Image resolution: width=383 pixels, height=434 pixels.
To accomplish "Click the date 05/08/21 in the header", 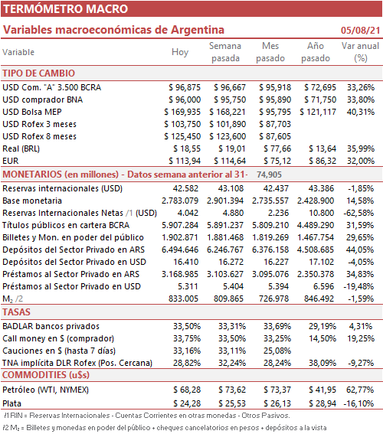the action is [x=360, y=30].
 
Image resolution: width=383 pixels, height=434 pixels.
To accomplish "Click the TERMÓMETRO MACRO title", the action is [x=66, y=9].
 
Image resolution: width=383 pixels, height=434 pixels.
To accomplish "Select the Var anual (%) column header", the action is [x=360, y=52].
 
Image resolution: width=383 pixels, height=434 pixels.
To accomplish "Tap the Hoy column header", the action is [x=180, y=52].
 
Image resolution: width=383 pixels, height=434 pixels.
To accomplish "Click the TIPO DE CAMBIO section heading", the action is [x=39, y=73].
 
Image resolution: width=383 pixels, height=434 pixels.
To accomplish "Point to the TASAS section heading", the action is [x=16, y=312].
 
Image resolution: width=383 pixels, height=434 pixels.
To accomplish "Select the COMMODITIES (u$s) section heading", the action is [x=46, y=375].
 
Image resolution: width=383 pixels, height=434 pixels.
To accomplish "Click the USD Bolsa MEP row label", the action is [x=32, y=112].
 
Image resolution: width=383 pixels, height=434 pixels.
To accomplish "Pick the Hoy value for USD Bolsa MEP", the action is [x=182, y=112].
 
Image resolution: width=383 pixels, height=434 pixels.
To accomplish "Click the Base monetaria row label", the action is [x=32, y=201].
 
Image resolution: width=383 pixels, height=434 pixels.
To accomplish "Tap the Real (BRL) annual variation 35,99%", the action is [x=361, y=148].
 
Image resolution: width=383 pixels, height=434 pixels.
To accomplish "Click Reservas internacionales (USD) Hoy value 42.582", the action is [x=185, y=188].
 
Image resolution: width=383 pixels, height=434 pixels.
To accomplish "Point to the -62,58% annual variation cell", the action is [x=358, y=213].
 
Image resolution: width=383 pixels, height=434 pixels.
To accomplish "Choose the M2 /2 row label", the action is [x=13, y=299].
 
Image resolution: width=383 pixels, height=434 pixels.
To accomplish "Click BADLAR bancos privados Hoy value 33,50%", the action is [x=187, y=326].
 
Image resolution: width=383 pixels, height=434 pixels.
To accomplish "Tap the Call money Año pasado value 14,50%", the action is [x=322, y=338].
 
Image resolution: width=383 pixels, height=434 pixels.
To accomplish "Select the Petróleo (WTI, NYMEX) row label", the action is [x=45, y=390].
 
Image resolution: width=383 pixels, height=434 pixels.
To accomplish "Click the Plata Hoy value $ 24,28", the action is [x=187, y=403].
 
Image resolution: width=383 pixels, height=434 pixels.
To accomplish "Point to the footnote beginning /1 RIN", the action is [x=147, y=416].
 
